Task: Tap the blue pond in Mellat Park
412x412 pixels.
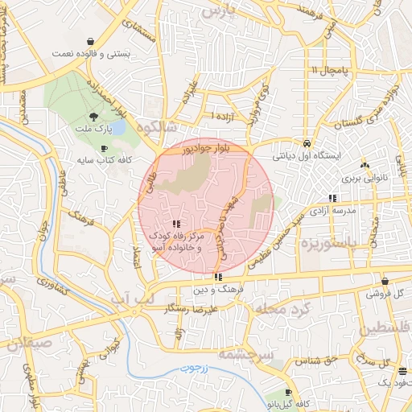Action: click(117, 128)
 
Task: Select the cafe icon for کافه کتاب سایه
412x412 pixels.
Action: click(104, 149)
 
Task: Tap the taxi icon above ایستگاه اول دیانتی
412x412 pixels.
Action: click(307, 142)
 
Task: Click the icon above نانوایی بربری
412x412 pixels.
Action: click(365, 163)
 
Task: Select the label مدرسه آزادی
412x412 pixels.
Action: click(332, 211)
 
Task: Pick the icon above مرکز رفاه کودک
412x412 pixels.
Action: click(175, 225)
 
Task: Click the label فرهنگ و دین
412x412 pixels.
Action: click(217, 287)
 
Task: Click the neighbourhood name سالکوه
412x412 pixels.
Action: click(155, 127)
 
